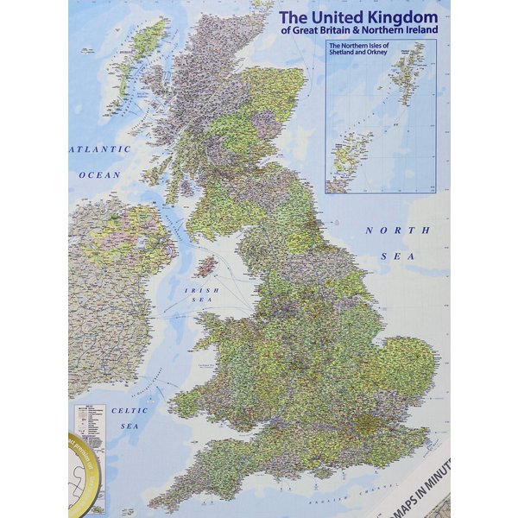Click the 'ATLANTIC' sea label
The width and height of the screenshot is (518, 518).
point(99,149)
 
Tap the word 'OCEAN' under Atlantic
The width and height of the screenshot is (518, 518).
point(100,174)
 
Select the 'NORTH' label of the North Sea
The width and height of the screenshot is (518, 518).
point(385,231)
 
